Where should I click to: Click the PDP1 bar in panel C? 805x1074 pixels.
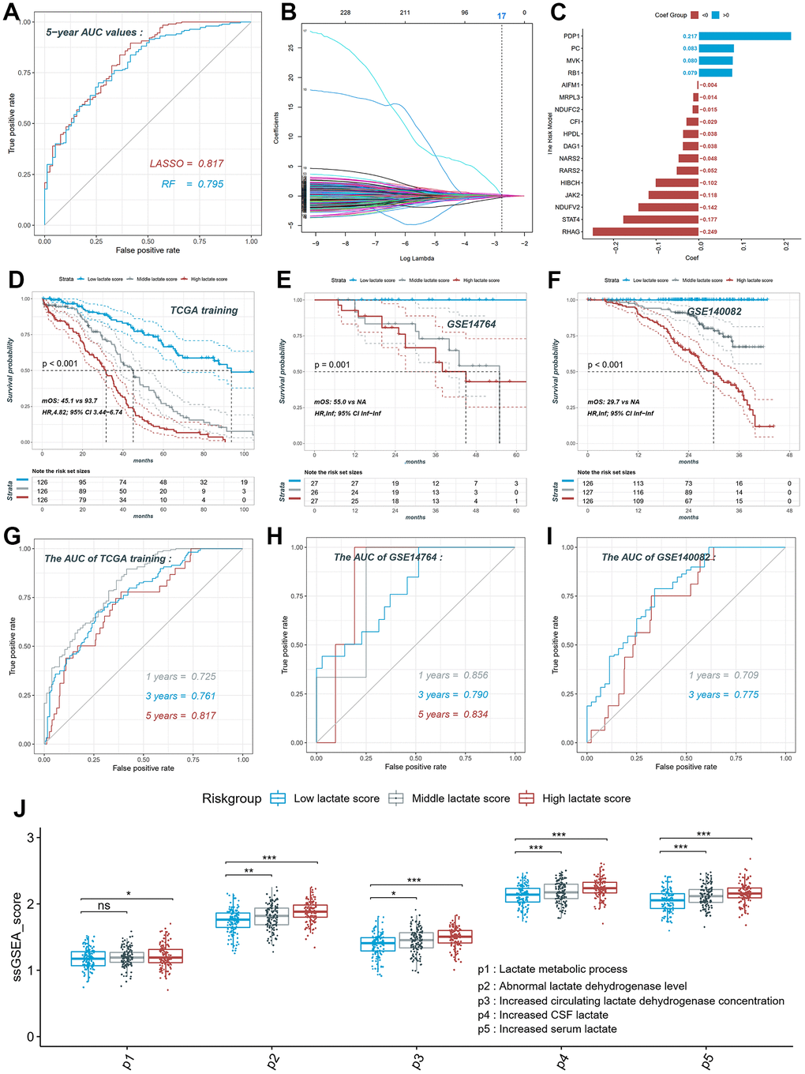click(x=744, y=36)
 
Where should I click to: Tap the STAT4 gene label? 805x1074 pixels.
click(x=571, y=220)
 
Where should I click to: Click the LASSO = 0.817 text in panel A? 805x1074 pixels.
click(x=187, y=163)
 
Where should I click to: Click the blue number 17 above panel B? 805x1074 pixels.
click(x=501, y=16)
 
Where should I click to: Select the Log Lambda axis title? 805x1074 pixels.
click(x=417, y=258)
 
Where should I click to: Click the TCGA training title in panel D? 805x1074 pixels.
click(x=204, y=310)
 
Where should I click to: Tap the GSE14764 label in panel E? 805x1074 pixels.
click(x=471, y=324)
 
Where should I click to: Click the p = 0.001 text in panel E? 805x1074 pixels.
click(x=331, y=365)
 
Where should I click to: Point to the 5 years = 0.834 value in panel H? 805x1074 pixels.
click(x=453, y=714)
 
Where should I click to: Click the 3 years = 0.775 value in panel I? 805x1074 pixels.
click(x=724, y=695)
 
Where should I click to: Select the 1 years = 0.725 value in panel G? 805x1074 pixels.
click(x=181, y=677)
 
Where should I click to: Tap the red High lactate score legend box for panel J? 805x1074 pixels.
click(x=526, y=798)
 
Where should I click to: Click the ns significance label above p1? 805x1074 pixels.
click(x=104, y=906)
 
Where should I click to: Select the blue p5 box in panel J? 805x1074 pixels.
click(x=668, y=901)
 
